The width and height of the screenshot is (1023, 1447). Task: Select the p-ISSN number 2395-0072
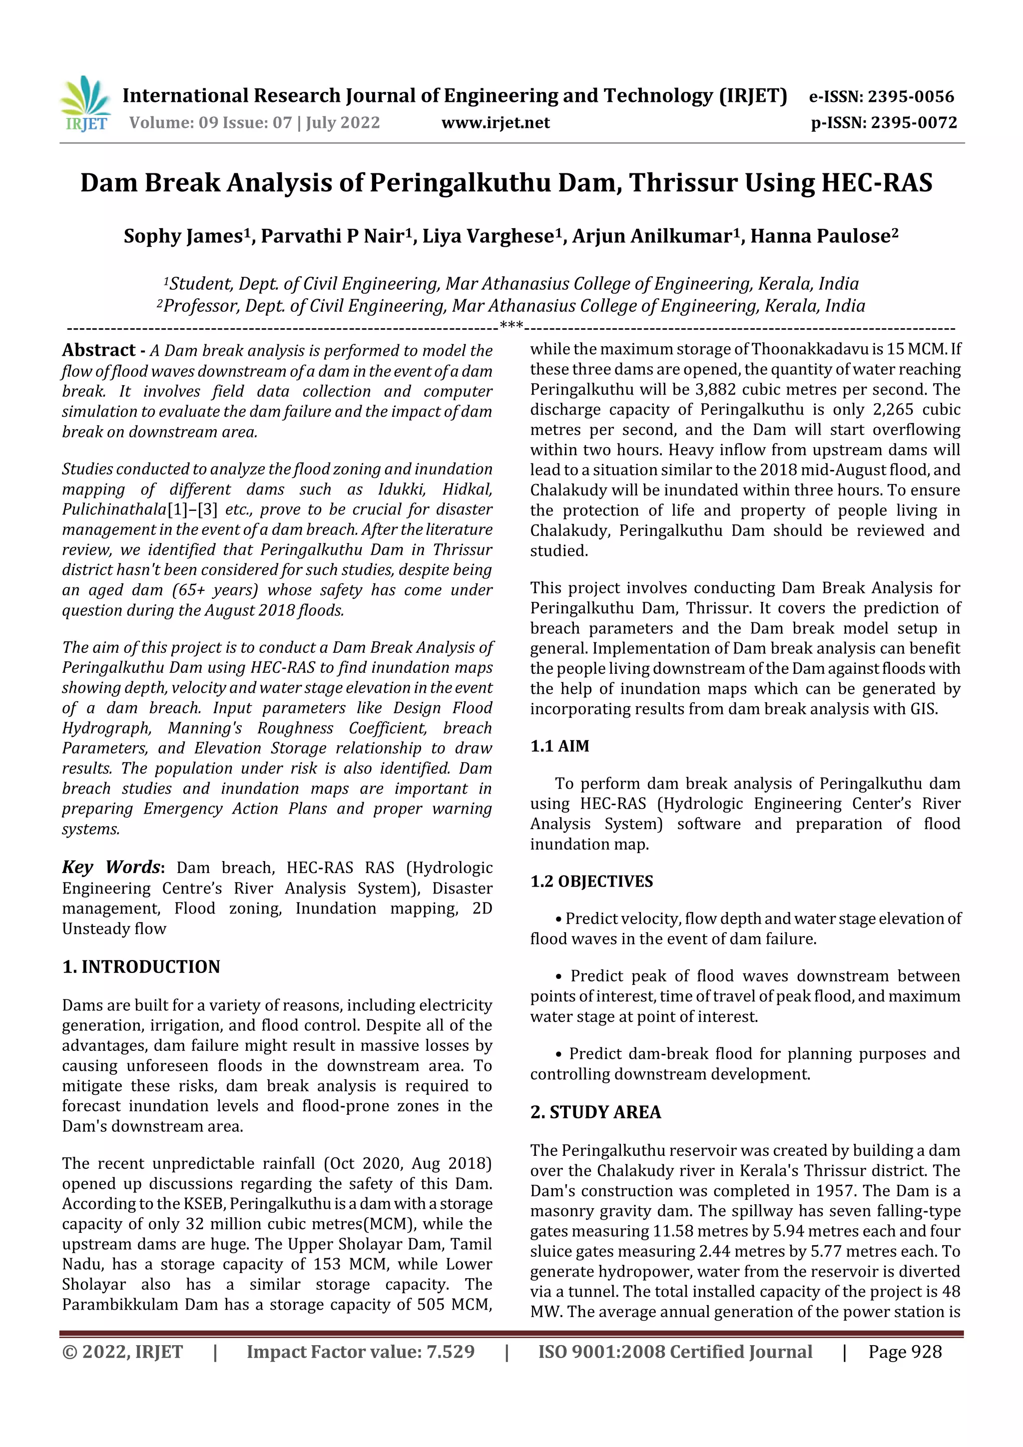click(914, 123)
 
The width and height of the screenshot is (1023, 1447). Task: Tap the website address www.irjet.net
click(496, 123)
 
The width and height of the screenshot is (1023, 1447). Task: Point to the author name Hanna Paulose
click(819, 236)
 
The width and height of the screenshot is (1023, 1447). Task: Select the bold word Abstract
click(99, 351)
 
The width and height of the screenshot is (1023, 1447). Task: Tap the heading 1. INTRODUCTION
click(141, 967)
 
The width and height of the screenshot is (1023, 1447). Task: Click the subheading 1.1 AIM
click(560, 746)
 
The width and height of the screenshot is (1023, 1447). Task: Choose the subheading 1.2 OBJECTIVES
click(591, 882)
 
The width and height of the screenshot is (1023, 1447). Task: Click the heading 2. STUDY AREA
click(595, 1112)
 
